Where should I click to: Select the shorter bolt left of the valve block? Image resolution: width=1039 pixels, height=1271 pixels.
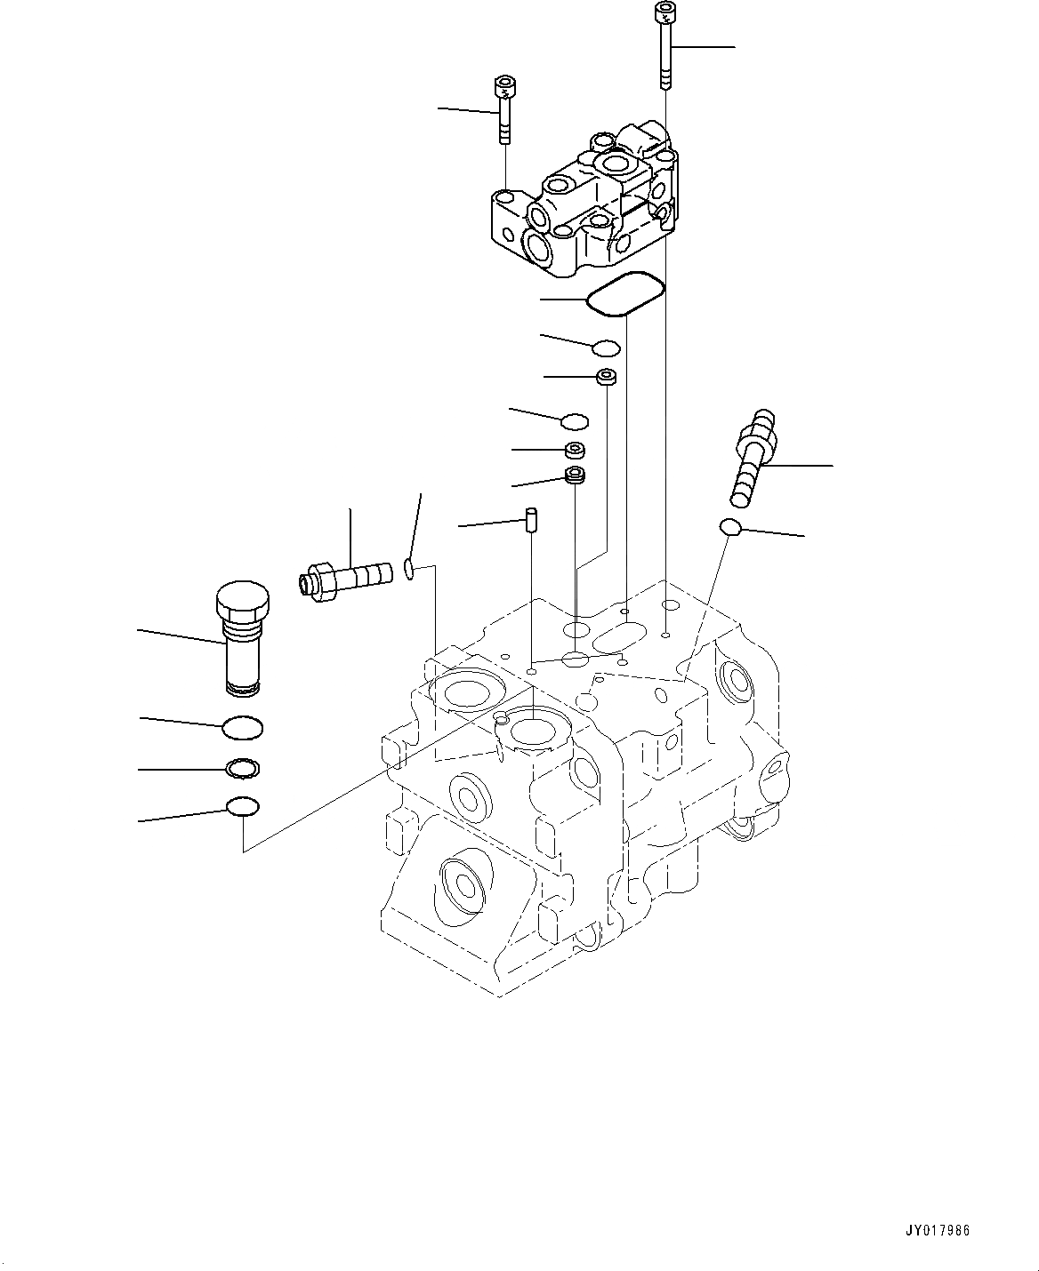503,111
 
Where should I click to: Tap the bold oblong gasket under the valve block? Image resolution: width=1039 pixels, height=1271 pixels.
626,293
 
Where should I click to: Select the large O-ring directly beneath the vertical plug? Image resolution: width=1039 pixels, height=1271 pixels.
242,728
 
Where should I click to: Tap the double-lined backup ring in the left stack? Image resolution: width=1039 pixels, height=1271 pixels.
242,767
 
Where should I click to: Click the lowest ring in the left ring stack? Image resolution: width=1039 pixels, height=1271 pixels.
242,806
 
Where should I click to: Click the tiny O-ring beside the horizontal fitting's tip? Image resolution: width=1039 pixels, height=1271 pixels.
408,568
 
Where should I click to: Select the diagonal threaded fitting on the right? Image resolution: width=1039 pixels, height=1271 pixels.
752,453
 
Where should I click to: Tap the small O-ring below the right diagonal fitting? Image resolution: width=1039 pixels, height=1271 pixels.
729,528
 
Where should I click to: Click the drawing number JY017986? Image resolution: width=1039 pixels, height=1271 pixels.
938,1231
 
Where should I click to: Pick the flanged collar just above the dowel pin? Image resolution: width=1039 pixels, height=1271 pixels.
576,476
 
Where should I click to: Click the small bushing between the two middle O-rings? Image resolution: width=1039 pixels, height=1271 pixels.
608,377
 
